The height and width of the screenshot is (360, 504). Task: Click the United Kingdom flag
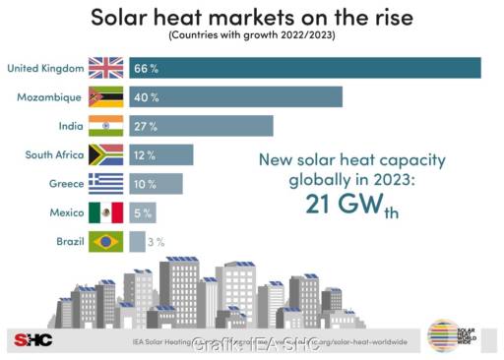(105, 68)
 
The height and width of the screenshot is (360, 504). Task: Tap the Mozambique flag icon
(105, 97)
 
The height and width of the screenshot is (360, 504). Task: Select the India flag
(105, 126)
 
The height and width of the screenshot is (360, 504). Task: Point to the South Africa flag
(105, 155)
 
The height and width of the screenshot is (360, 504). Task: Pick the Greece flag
(105, 184)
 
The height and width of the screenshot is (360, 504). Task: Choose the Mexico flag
(105, 212)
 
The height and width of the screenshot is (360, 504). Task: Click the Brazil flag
(105, 241)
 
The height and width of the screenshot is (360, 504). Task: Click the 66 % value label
(148, 68)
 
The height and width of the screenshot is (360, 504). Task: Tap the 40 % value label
(148, 97)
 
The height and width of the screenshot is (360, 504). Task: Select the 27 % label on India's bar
(148, 126)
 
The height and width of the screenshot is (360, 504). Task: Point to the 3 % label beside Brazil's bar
(156, 241)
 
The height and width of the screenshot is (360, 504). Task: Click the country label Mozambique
(49, 97)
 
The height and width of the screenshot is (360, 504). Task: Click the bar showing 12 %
(162, 155)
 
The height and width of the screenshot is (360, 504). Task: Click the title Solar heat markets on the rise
(252, 17)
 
